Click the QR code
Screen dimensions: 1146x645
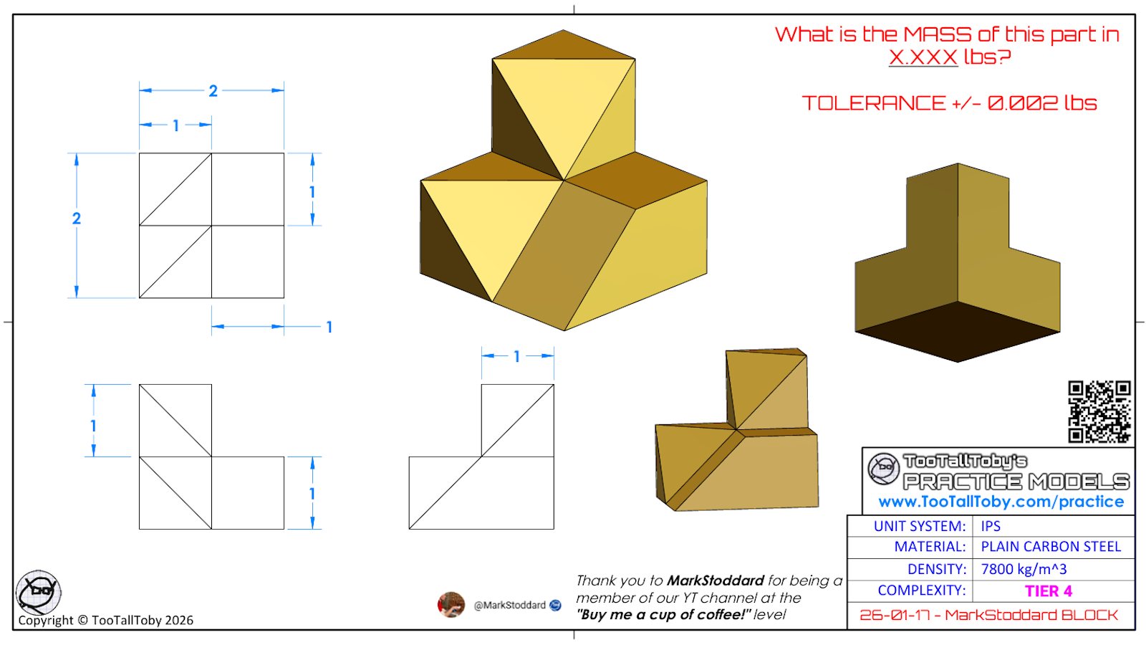[x=1099, y=411]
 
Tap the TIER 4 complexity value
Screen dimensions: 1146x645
[x=1049, y=591]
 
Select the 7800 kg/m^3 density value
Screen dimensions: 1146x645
[x=1024, y=569]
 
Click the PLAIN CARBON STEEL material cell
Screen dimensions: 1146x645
[x=1050, y=547]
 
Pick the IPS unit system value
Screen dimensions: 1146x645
[x=991, y=526]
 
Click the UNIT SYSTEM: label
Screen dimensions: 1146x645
[x=920, y=526]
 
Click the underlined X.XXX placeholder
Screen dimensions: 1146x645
[x=923, y=57]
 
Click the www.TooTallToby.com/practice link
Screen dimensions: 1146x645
[x=1001, y=502]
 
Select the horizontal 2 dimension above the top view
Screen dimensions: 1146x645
[x=213, y=90]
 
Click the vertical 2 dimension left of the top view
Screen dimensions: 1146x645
[x=76, y=219]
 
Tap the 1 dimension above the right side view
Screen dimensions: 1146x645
[x=516, y=356]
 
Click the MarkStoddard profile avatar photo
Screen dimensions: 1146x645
[x=451, y=605]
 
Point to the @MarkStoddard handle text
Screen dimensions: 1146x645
[x=509, y=605]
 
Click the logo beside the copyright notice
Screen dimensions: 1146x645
[x=39, y=592]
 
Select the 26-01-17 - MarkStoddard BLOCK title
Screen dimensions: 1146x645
[x=988, y=616]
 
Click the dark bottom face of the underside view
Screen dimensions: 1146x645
[x=957, y=332]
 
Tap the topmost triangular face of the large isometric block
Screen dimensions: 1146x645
[x=563, y=44]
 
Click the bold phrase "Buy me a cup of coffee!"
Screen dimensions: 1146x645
[x=663, y=614]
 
